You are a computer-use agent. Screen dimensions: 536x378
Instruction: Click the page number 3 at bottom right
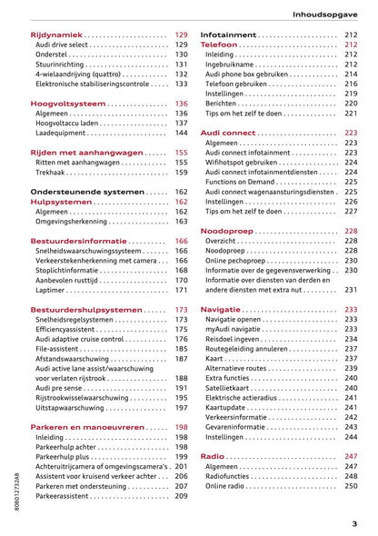pyautogui.click(x=354, y=523)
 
